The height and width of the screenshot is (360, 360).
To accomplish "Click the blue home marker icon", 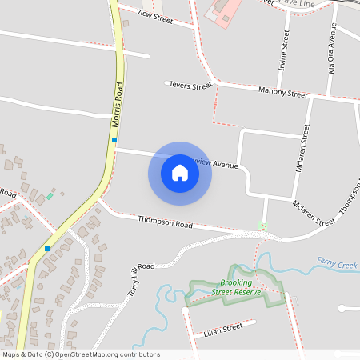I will point(180,173).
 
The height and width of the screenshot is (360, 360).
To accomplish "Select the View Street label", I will point(155,15).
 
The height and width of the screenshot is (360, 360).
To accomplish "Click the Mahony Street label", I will point(283,94).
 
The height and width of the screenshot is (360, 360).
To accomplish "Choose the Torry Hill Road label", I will point(141,279).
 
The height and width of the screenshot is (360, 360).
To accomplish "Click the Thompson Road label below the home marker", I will point(166,222).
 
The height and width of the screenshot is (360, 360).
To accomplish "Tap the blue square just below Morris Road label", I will point(114,140).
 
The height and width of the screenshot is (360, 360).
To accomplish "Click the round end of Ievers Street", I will point(166,82).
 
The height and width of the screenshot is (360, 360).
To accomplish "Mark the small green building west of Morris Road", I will point(50,195).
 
